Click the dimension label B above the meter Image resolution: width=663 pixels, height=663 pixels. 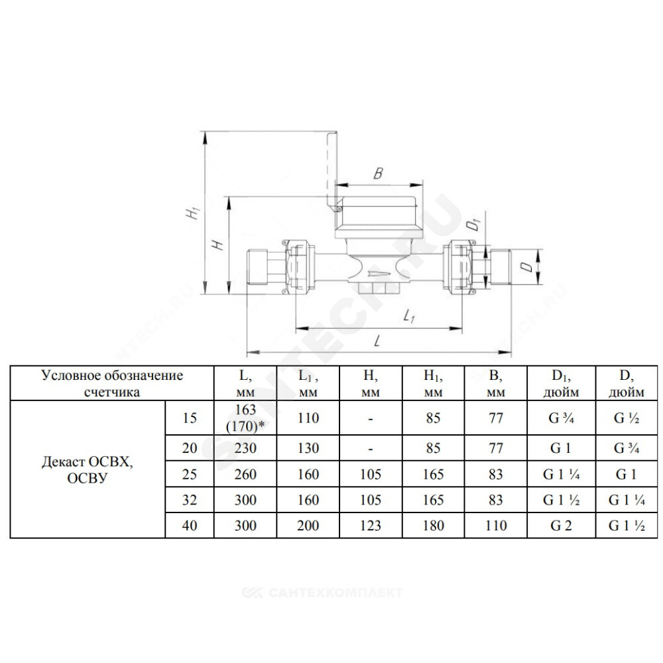[x=379, y=173]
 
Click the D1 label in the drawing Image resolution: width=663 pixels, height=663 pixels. [x=475, y=223]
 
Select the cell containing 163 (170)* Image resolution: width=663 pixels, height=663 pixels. [x=245, y=418]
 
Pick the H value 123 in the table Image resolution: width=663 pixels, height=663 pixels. [x=371, y=526]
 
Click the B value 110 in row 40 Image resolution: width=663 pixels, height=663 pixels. [x=495, y=526]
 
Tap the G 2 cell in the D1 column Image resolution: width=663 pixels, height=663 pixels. [x=561, y=526]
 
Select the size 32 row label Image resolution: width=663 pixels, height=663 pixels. [x=190, y=500]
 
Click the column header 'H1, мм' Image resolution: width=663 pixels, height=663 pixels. [x=433, y=383]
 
